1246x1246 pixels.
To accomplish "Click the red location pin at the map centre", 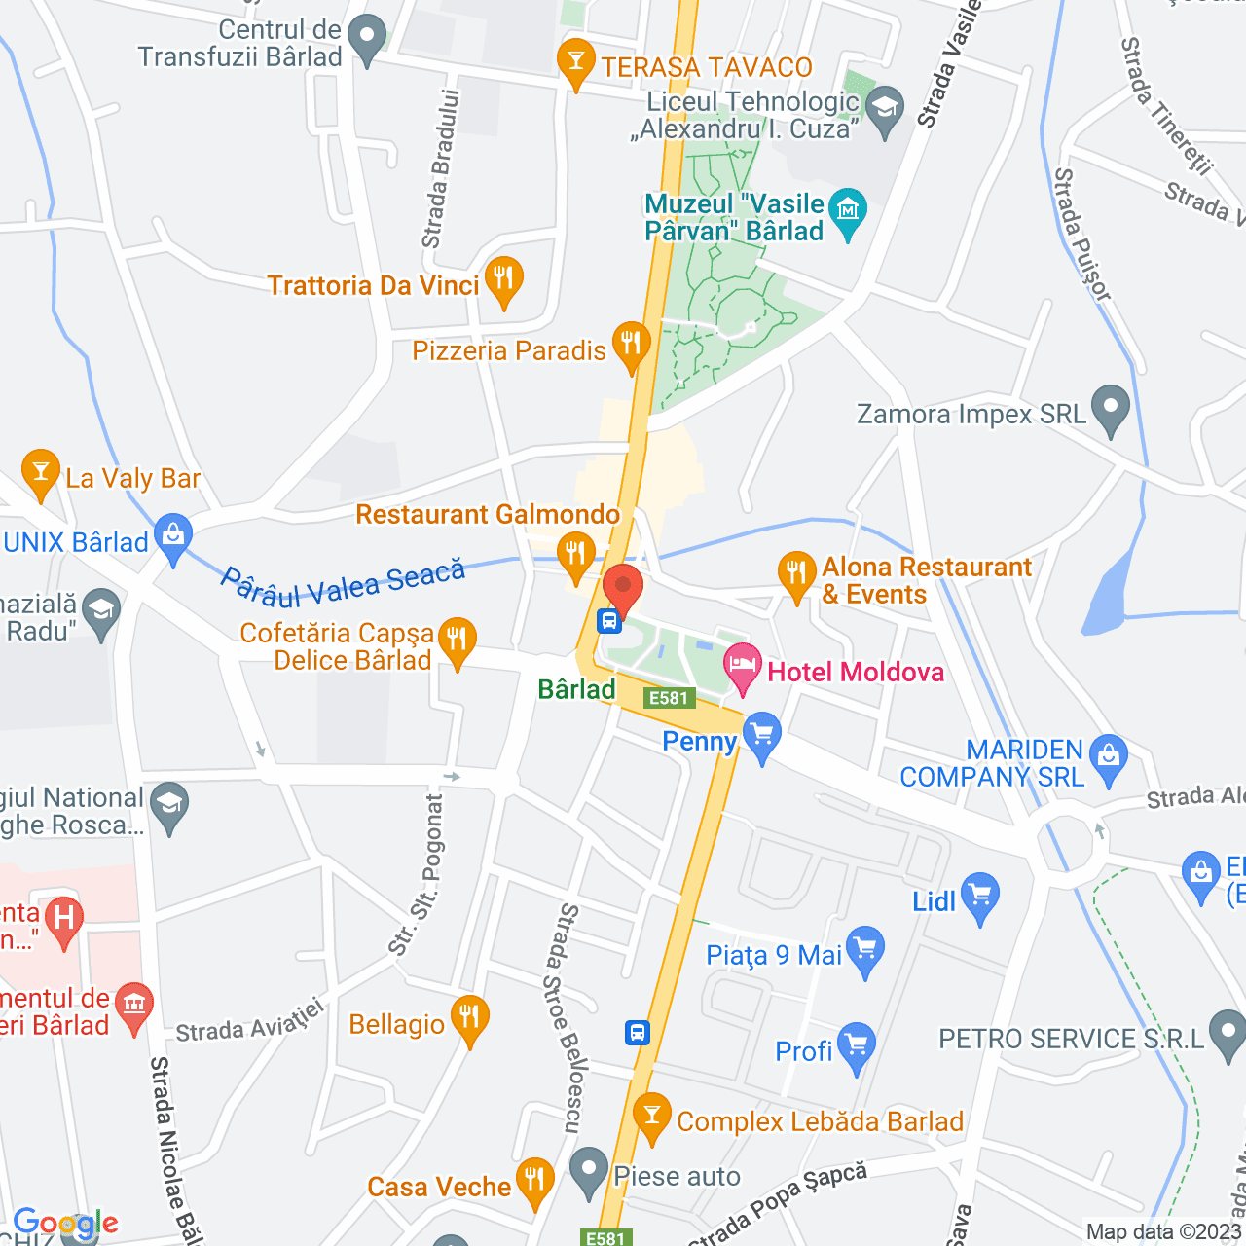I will (623, 587).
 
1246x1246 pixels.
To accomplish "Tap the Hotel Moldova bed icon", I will (744, 668).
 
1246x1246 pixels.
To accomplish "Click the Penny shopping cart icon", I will (761, 737).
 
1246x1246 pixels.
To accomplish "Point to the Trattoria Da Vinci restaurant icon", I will (503, 279).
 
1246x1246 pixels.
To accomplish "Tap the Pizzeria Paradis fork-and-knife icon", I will (631, 345).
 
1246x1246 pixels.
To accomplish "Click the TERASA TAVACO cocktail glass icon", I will (576, 62).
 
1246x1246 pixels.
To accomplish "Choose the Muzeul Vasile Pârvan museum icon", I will (848, 211).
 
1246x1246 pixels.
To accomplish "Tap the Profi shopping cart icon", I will (857, 1045).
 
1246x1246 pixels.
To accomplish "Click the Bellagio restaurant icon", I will (470, 1018).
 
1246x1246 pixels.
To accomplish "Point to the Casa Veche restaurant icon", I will (534, 1181).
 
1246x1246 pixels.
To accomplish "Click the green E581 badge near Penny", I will (669, 698).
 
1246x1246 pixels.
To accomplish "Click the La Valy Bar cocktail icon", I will (40, 472).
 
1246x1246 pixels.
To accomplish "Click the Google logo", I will (65, 1224).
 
